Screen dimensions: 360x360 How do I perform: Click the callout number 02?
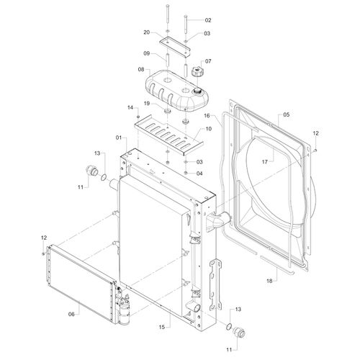click(x=208, y=20)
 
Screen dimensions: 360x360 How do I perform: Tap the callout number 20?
click(x=147, y=32)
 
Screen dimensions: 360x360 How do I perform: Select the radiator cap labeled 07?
click(x=197, y=72)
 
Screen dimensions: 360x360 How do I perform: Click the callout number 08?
click(x=141, y=69)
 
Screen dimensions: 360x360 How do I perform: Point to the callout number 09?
click(x=147, y=53)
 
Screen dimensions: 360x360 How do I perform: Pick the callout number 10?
click(x=209, y=129)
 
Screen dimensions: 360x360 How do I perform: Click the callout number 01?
click(x=119, y=138)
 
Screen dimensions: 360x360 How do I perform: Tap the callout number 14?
click(x=130, y=107)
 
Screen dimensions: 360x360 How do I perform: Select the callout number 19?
click(x=147, y=104)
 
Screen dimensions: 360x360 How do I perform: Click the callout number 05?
click(x=287, y=114)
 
